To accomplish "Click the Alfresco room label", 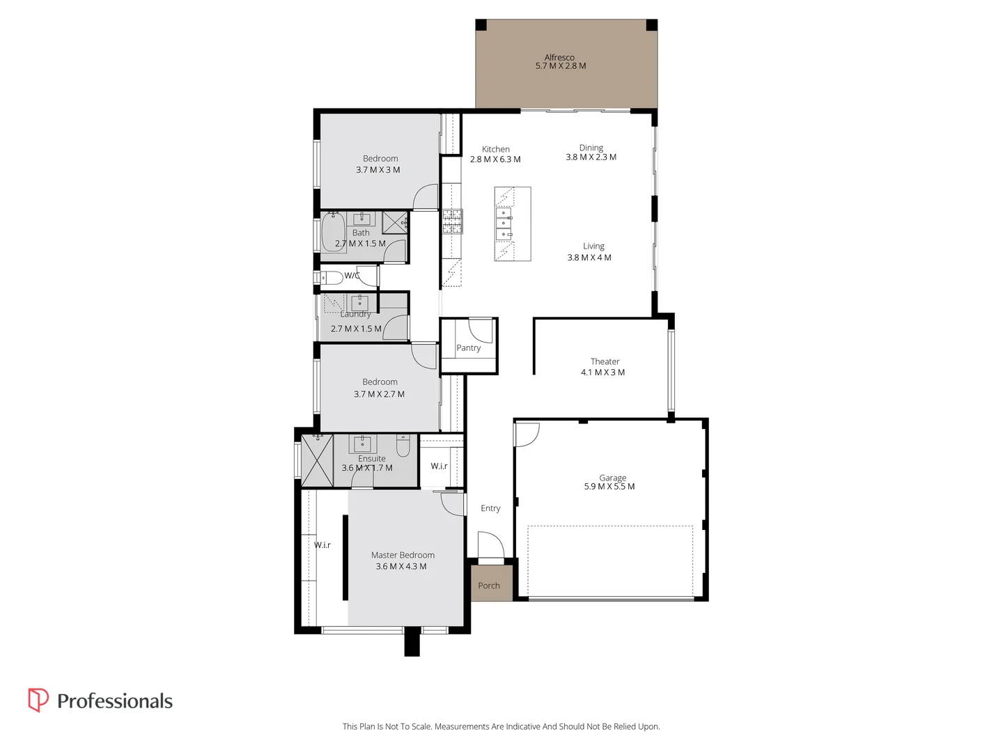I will click(559, 58).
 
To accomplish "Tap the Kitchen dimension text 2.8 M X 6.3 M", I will click(495, 159).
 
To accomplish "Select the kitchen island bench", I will click(513, 224).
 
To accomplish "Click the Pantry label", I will click(469, 348).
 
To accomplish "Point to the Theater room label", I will click(605, 361).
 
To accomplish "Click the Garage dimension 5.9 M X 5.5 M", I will click(609, 487).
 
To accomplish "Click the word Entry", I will click(490, 508).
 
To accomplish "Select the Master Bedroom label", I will click(403, 555).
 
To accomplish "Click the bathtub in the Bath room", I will click(333, 233).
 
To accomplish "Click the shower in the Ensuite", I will click(317, 460).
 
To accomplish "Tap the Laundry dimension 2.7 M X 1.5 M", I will click(356, 329).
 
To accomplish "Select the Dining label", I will click(591, 148).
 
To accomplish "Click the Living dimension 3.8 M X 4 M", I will click(589, 258).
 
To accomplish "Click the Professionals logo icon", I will click(38, 700).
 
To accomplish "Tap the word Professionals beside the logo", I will click(115, 701).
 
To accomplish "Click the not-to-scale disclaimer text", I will click(501, 726).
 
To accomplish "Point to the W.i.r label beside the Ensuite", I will click(439, 467).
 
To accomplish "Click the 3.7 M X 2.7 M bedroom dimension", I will click(379, 394).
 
